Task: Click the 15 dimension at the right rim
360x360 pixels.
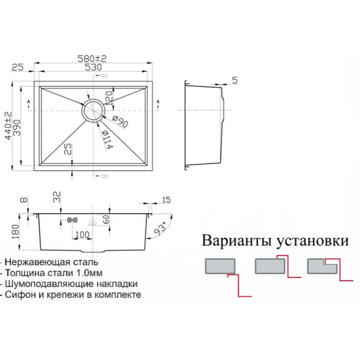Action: coord(166,200)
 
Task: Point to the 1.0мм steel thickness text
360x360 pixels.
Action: coord(107,273)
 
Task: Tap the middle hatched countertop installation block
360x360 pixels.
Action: coord(270,266)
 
